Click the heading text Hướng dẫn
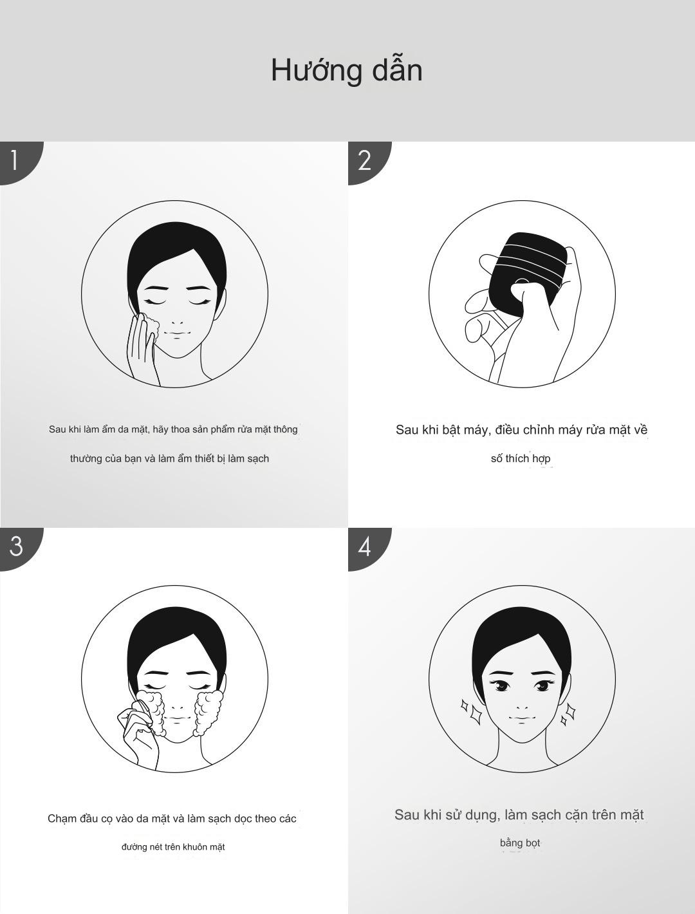(347, 71)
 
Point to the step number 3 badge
(18, 547)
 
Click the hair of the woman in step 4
(521, 643)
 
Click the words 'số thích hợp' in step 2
(521, 458)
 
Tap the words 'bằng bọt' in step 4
(520, 843)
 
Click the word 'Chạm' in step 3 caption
(61, 819)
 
